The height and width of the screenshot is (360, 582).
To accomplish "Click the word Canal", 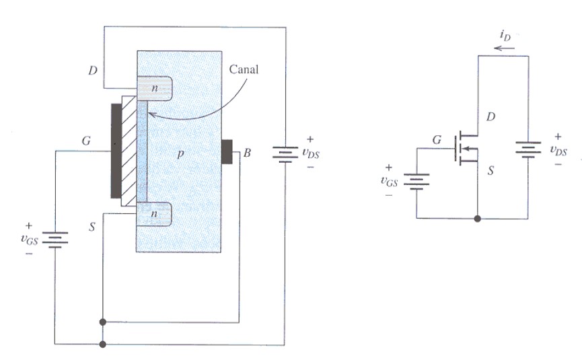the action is pyautogui.click(x=244, y=69).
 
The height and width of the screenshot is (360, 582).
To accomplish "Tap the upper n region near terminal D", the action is pyautogui.click(x=155, y=88).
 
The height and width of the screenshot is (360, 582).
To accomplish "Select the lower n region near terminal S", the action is pyautogui.click(x=154, y=214).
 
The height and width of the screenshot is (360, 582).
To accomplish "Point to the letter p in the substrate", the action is pyautogui.click(x=180, y=154).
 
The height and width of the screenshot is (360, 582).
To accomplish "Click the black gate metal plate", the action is pyautogui.click(x=116, y=151).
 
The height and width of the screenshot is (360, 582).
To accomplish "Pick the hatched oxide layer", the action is pyautogui.click(x=129, y=151).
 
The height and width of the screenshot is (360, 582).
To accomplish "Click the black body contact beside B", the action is pyautogui.click(x=227, y=151).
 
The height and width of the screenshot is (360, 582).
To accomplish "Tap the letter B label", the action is pyautogui.click(x=247, y=153).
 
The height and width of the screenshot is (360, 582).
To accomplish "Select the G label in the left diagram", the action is pyautogui.click(x=86, y=141).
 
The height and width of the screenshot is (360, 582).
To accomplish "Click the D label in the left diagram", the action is pyautogui.click(x=93, y=70).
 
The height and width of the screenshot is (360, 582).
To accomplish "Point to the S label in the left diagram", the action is pyautogui.click(x=92, y=226).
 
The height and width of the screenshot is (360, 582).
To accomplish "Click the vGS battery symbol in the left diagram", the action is pyautogui.click(x=55, y=240).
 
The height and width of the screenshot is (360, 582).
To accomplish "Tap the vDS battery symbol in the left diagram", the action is pyautogui.click(x=285, y=154).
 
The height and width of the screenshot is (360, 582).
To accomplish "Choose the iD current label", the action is pyautogui.click(x=505, y=35).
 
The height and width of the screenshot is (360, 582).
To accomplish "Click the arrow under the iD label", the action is pyautogui.click(x=505, y=48).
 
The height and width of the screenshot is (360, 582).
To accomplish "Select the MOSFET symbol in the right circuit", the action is pyautogui.click(x=466, y=149).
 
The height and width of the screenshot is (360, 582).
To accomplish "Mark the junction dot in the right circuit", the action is pyautogui.click(x=478, y=219).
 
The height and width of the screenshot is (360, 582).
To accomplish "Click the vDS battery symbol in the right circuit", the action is pyautogui.click(x=528, y=149).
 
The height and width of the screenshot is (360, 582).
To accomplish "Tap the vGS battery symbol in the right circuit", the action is pyautogui.click(x=416, y=182).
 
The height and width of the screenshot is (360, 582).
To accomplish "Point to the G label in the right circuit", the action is pyautogui.click(x=437, y=140).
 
